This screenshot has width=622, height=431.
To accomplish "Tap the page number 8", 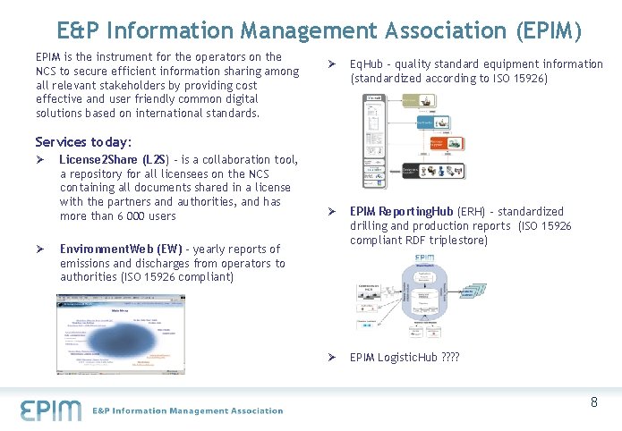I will point(594,402).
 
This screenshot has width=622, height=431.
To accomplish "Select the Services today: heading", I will point(83,142).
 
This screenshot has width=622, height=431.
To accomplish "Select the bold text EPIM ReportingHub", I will point(402,212).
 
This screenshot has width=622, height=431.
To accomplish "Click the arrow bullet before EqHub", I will point(330,64).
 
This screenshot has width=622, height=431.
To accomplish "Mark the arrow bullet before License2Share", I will point(40,159).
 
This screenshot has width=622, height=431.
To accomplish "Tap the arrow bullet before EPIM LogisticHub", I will point(330,358).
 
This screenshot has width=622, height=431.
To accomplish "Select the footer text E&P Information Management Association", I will point(188,411).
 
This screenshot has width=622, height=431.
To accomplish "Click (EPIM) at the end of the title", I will point(550,31).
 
